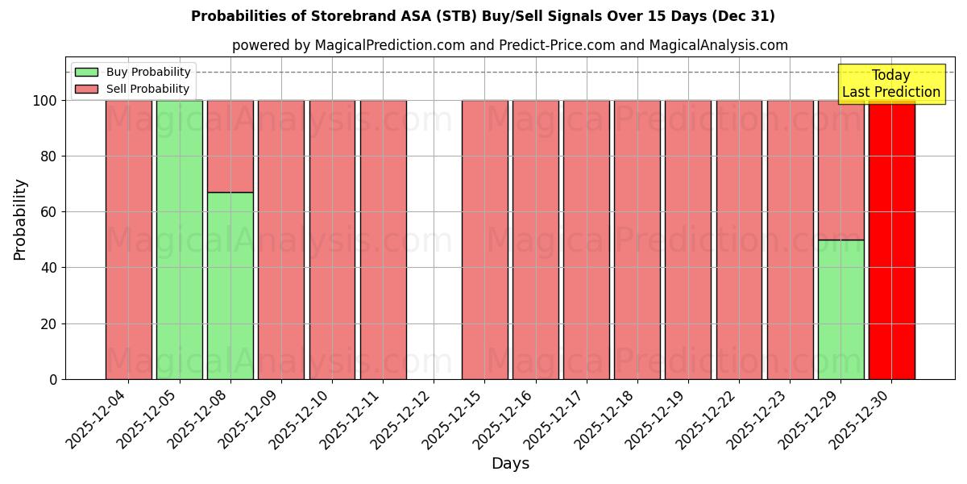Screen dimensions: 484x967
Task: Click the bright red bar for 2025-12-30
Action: pos(891,240)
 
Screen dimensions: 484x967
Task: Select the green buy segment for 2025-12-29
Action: pos(840,309)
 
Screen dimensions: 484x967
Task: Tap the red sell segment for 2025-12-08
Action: pos(230,146)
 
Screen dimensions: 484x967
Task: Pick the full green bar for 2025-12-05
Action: pos(179,240)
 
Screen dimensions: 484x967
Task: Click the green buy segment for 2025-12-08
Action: pos(230,286)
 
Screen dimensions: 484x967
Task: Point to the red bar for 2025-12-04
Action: pos(128,240)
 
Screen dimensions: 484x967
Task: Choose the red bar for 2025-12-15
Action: pos(484,240)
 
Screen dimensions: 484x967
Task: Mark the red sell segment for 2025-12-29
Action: pos(840,169)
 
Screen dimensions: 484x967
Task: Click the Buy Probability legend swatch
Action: pos(85,72)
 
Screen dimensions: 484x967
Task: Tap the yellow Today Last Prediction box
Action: pos(890,84)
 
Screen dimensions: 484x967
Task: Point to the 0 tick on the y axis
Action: pos(53,379)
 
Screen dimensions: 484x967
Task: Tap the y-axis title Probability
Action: pos(20,219)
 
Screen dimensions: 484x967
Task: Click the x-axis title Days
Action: pos(510,464)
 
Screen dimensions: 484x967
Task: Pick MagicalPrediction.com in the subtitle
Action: pos(389,45)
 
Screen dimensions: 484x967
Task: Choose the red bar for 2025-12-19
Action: pos(687,240)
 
